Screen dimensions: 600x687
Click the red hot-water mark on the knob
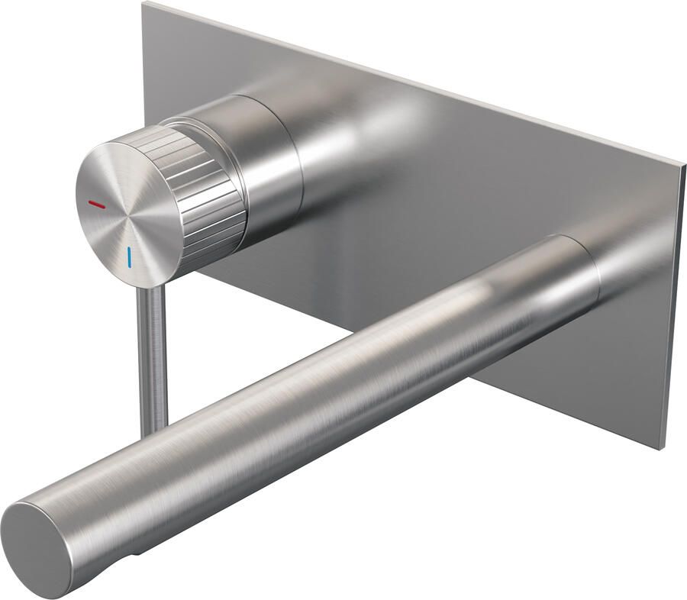pyautogui.click(x=98, y=205)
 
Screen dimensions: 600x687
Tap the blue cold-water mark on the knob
pyautogui.click(x=130, y=256)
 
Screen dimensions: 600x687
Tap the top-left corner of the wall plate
pyautogui.click(x=145, y=4)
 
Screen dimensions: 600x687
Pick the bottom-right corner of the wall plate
pyautogui.click(x=663, y=449)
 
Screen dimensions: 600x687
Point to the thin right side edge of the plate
pyautogui.click(x=673, y=305)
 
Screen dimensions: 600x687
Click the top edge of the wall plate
pyautogui.click(x=412, y=81)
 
